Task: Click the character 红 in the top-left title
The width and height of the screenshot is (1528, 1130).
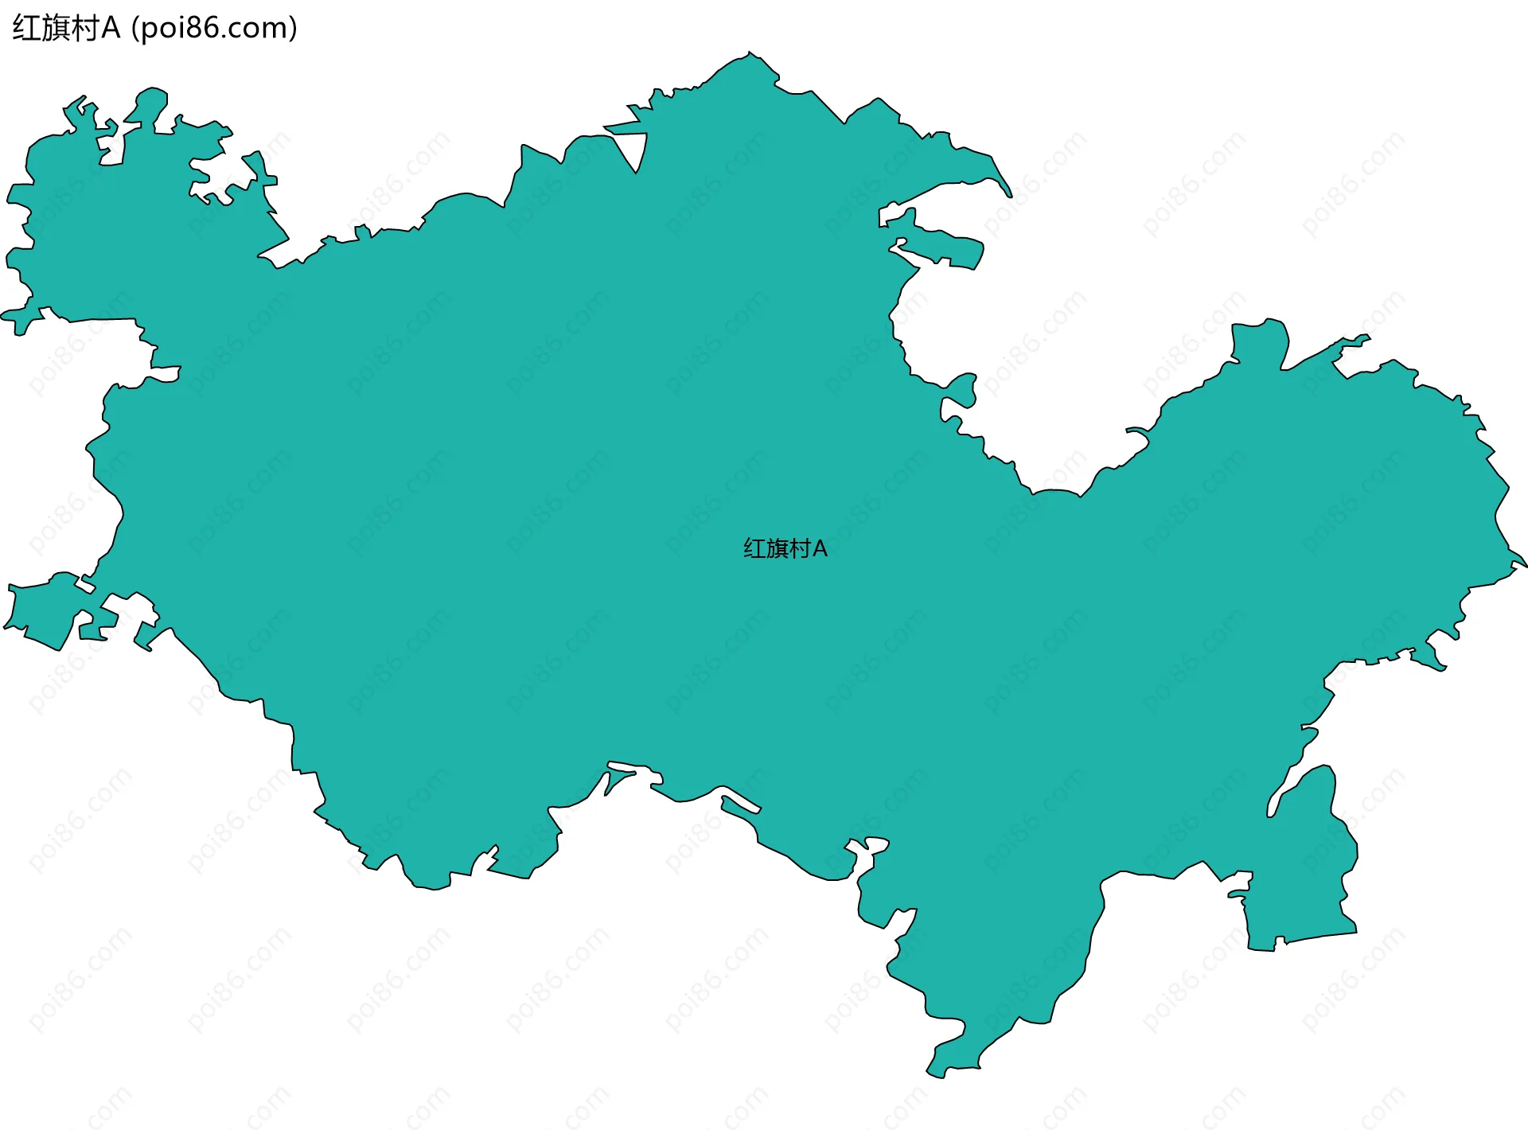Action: [25, 29]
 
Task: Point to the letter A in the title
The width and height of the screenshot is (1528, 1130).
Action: [111, 29]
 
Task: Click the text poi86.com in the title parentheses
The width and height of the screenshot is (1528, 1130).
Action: [214, 29]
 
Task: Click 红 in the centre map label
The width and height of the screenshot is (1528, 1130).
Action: [754, 549]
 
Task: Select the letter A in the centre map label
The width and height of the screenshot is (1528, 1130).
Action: [820, 549]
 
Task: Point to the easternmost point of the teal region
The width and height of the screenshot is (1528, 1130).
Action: [1525, 566]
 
